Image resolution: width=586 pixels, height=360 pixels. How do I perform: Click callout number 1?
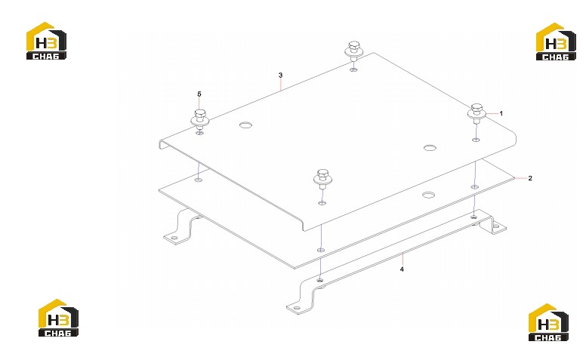[x=501, y=113]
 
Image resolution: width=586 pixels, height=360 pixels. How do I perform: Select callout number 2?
[x=530, y=178]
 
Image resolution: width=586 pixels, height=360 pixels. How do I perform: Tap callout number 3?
[x=281, y=75]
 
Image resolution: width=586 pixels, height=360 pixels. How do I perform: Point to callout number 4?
[x=402, y=269]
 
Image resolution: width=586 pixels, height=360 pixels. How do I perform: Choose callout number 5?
[x=199, y=94]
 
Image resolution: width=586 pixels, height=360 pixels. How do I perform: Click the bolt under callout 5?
[x=200, y=119]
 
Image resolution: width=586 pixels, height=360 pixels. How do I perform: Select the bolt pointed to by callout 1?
[x=477, y=113]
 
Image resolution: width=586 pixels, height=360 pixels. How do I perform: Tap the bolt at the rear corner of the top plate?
[x=353, y=51]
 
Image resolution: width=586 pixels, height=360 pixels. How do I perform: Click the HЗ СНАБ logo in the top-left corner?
[x=46, y=41]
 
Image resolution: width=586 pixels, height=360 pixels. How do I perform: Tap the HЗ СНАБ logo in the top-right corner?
[x=556, y=42]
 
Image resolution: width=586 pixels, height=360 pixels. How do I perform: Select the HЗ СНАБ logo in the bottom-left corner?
[x=58, y=318]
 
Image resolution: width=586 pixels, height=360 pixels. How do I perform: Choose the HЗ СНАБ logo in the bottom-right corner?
[x=548, y=322]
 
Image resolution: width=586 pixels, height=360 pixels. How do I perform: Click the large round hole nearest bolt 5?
[x=245, y=125]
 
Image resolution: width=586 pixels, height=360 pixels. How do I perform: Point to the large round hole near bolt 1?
[x=430, y=147]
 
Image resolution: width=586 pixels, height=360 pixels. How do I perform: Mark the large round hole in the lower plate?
[x=429, y=195]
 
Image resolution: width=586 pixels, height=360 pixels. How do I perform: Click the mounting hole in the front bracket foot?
[x=296, y=309]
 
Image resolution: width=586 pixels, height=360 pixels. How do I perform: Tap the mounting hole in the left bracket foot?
[x=174, y=238]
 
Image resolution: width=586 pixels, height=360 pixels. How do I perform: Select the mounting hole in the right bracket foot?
[x=496, y=226]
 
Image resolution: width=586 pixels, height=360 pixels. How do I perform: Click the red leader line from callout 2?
[x=521, y=179]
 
